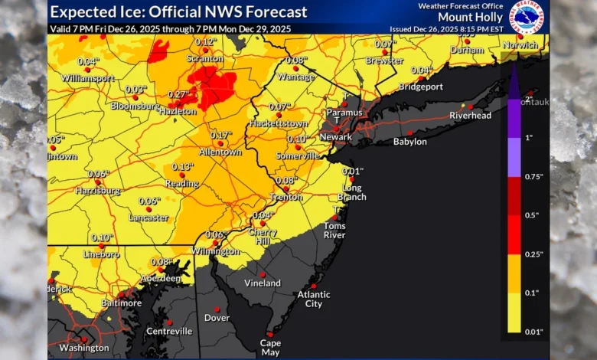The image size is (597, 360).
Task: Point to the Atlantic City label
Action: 314,299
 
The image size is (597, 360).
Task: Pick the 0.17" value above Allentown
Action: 220,135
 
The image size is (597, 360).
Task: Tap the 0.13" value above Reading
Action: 182,166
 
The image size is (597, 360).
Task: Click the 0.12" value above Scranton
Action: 204,41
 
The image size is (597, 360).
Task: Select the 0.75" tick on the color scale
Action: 534,176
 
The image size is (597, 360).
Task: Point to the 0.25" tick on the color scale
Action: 534,254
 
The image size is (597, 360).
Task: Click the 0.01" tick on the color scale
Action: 534,332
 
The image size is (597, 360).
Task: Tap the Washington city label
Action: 84,348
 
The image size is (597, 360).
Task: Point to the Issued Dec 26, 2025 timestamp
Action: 455,28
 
